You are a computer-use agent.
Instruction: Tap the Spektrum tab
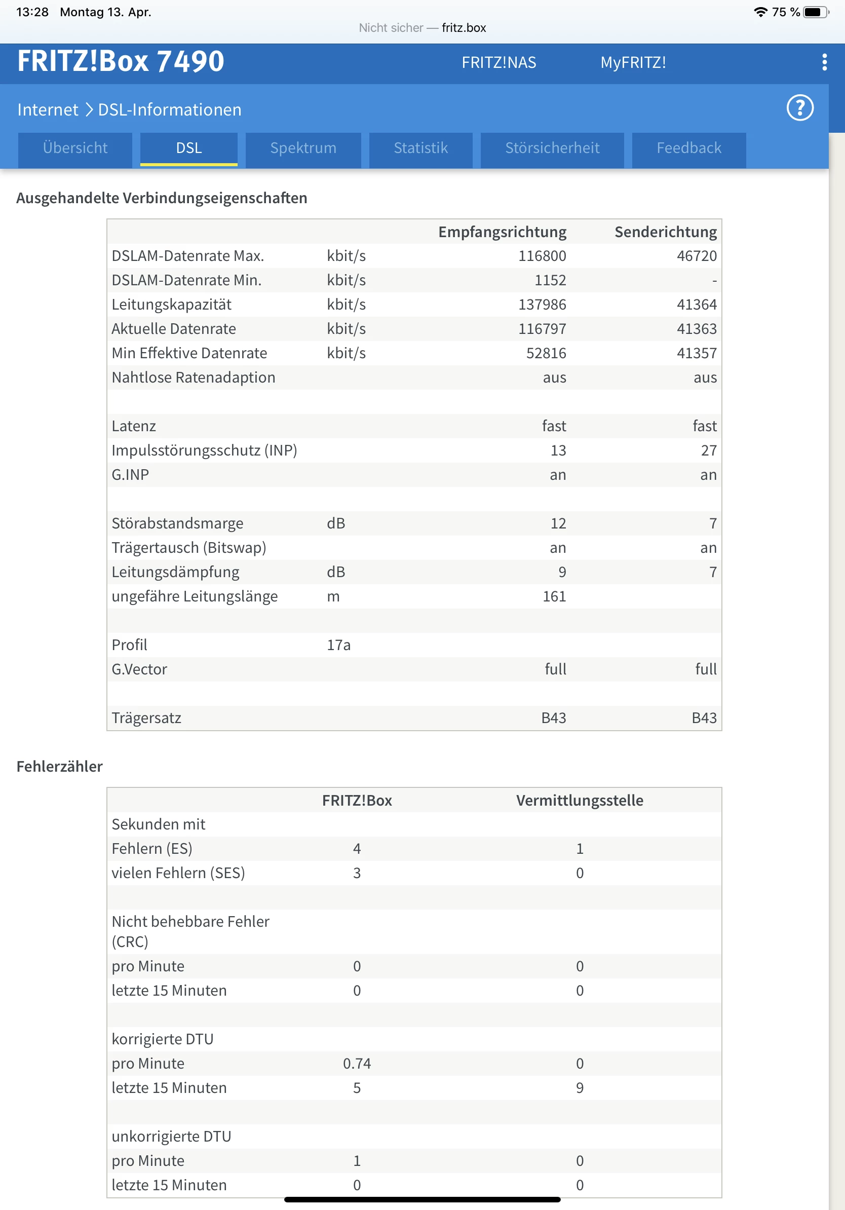tap(303, 148)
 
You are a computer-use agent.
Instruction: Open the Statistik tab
tap(420, 148)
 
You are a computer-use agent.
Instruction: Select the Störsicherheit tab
tap(552, 148)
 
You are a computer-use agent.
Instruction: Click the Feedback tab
tap(688, 148)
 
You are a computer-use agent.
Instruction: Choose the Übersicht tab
tap(75, 148)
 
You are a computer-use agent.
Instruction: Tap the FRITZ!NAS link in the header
tap(498, 63)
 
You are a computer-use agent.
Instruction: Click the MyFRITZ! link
tap(633, 63)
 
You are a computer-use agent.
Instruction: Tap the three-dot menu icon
tap(824, 62)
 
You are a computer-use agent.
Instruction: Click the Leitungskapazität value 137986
tap(542, 305)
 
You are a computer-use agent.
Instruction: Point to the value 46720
tap(697, 256)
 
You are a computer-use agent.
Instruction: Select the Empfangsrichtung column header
tap(502, 232)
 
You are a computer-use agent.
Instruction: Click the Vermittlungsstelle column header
tap(580, 801)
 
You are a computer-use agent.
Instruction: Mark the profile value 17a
tap(339, 645)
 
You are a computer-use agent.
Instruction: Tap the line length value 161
tap(554, 596)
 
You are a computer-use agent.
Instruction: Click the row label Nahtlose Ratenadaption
tap(194, 377)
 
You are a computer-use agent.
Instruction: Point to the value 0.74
tap(357, 1064)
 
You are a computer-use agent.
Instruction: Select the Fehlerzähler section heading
tap(60, 766)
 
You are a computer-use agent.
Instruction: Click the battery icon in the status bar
tap(815, 12)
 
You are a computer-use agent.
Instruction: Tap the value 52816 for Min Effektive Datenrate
tap(546, 353)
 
